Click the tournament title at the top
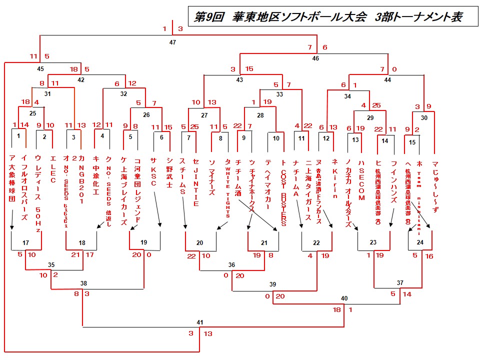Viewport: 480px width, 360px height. click(x=327, y=16)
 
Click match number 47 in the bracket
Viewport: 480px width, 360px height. click(x=172, y=42)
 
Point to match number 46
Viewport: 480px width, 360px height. click(x=315, y=58)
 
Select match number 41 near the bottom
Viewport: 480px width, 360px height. click(x=200, y=322)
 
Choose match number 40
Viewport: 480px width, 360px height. click(x=344, y=298)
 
